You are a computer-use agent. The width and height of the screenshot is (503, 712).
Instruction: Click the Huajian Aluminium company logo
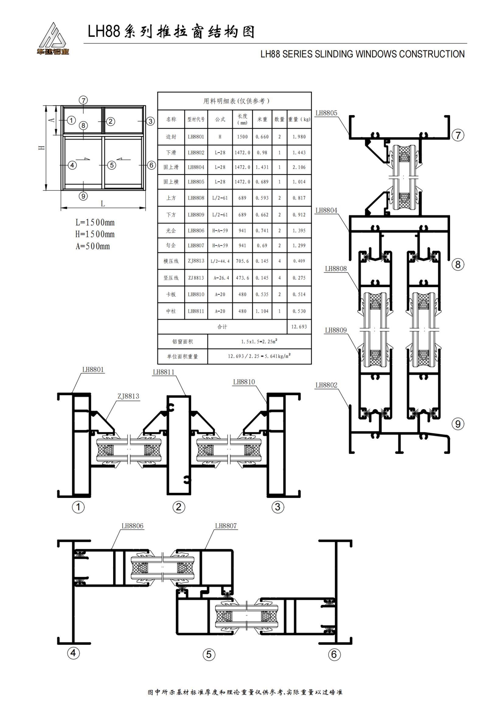(53, 39)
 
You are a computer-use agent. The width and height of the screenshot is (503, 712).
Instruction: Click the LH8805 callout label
(326, 113)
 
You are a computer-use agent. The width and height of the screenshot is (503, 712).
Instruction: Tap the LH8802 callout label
(326, 385)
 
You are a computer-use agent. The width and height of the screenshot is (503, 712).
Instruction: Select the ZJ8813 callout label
(128, 396)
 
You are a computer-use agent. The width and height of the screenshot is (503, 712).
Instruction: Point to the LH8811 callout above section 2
(163, 372)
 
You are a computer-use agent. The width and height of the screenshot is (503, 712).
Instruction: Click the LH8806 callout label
(132, 526)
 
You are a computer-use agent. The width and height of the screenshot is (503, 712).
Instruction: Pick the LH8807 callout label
(225, 526)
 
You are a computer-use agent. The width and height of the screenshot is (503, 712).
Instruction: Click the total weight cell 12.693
(299, 327)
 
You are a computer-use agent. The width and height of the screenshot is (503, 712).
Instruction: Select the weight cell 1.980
(299, 137)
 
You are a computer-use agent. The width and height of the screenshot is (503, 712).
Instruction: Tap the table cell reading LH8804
(196, 167)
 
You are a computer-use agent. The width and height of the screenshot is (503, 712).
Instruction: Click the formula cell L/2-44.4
(220, 261)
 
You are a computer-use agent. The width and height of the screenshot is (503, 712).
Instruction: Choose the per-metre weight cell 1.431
(262, 167)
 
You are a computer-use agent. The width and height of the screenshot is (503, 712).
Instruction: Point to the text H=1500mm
(95, 234)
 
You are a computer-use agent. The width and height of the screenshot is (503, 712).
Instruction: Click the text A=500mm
(93, 246)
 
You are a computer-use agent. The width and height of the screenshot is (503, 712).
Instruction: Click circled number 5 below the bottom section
(208, 654)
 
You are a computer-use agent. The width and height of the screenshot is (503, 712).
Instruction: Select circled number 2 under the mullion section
(179, 507)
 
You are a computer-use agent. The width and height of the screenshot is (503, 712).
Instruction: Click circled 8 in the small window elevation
(83, 126)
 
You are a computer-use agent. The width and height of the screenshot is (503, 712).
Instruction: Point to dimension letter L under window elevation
(103, 204)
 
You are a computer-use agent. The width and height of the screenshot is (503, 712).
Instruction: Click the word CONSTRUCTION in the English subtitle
(432, 54)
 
